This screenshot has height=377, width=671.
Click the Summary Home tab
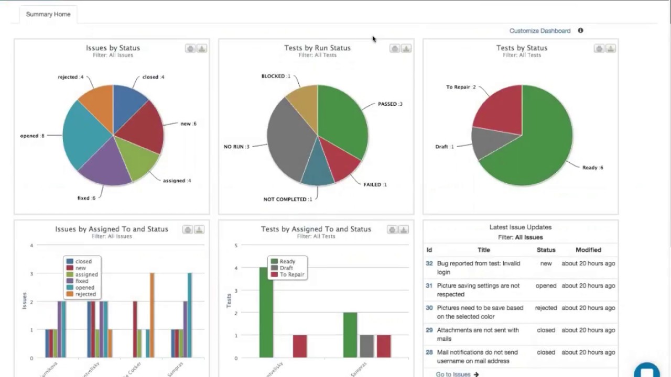pos(48,14)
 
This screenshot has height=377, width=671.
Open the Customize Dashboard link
pos(539,31)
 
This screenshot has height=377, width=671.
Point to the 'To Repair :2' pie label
pos(461,87)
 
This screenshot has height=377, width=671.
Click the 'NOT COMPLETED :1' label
pos(288,199)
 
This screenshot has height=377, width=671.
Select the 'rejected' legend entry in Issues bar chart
pos(85,294)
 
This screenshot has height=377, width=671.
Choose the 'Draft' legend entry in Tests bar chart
pos(286,268)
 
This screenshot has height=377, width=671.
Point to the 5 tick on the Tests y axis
pos(236,246)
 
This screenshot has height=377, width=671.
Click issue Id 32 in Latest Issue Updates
pos(429,263)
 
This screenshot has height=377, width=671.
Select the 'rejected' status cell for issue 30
pos(546,308)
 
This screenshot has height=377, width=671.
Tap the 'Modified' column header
pos(588,250)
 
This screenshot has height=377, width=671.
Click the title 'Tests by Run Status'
pos(317,48)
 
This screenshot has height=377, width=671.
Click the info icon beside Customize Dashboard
pos(580,30)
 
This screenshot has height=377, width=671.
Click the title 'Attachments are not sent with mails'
pos(478,334)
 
